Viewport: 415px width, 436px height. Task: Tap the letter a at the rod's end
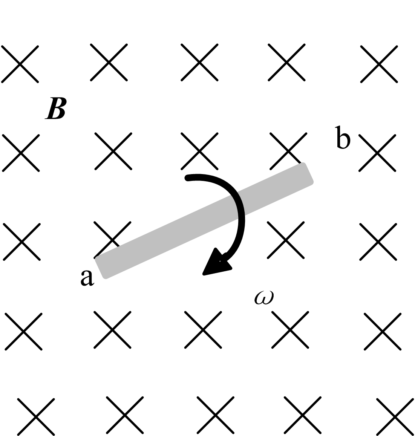(x=87, y=278)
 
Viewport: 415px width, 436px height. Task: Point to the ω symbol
(x=264, y=297)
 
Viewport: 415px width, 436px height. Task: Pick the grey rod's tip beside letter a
(x=101, y=268)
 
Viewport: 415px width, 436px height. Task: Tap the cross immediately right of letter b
(x=377, y=153)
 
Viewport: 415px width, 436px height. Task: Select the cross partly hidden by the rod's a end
(x=112, y=239)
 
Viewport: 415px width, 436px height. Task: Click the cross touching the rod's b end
(x=288, y=151)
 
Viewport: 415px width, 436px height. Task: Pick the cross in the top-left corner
(x=20, y=64)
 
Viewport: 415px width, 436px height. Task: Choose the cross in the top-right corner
(x=379, y=64)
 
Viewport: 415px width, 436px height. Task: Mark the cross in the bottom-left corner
(x=36, y=416)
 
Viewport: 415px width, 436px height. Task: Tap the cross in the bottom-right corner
(x=395, y=416)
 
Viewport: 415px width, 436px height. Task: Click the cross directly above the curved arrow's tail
(x=199, y=151)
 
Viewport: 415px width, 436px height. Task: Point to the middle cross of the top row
(x=199, y=62)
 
